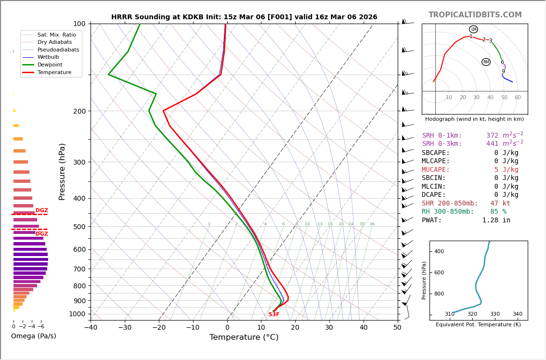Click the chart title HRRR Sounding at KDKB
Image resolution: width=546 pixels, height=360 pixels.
click(244, 17)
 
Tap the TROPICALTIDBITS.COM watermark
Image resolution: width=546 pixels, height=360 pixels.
click(475, 15)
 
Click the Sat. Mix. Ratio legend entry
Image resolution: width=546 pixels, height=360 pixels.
click(56, 35)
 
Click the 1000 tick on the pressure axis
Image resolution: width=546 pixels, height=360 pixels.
click(77, 314)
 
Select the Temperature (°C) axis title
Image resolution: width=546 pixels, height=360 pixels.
click(244, 337)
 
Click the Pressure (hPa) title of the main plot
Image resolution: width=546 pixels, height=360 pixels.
click(62, 171)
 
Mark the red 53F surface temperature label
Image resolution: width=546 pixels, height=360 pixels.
click(274, 315)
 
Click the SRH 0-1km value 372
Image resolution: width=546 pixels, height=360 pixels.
click(492, 136)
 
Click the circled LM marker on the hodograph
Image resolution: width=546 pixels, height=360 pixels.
click(473, 29)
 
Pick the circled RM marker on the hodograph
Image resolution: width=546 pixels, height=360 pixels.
click(486, 62)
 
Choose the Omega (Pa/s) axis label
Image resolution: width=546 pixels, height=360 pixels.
click(34, 336)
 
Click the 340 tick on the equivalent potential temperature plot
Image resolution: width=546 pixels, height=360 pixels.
click(517, 314)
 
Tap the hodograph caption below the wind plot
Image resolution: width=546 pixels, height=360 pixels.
click(474, 119)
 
